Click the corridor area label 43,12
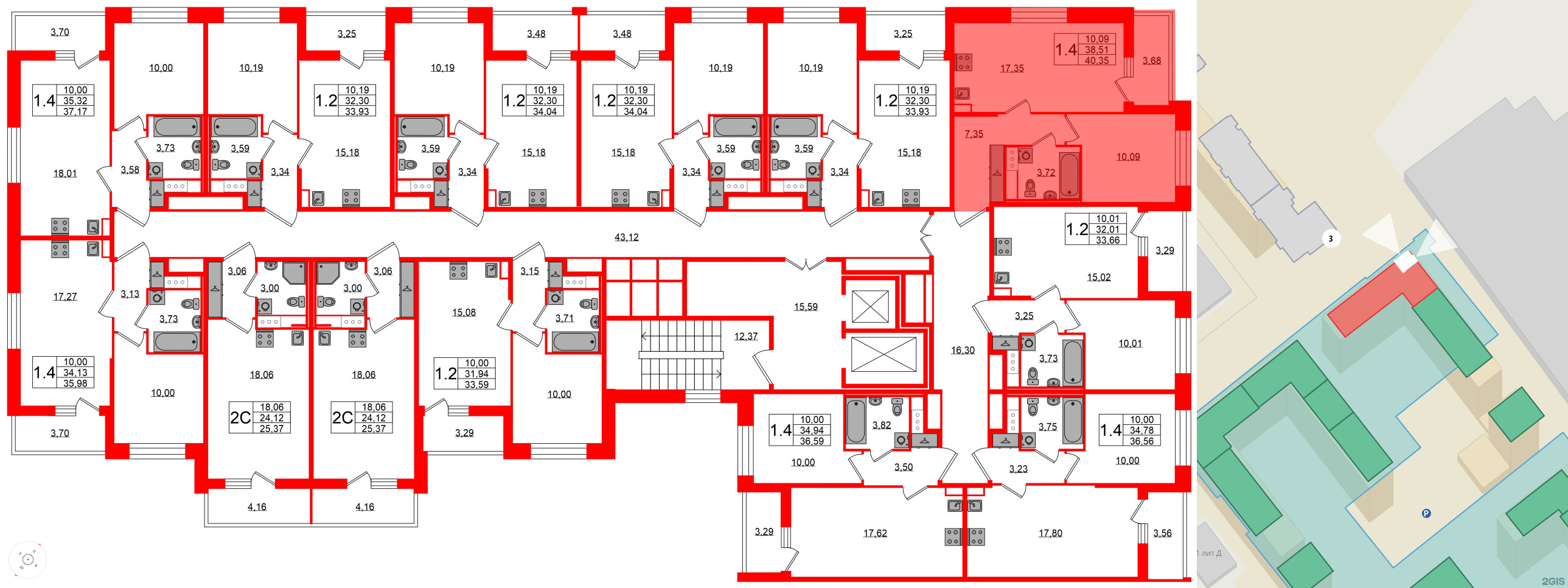(x=626, y=237)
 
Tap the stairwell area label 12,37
(x=745, y=336)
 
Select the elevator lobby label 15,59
(x=806, y=307)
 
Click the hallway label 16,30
(x=963, y=350)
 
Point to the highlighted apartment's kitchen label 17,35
(x=1012, y=68)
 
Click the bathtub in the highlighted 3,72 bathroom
(x=1070, y=175)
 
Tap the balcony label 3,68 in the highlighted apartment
(x=1151, y=60)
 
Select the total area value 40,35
(x=1096, y=60)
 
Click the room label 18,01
(x=65, y=173)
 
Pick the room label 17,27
(x=65, y=296)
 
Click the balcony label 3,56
(x=1162, y=533)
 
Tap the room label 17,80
(x=1050, y=533)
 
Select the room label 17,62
(x=875, y=533)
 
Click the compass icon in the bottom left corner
(x=27, y=559)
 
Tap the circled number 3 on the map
(x=1330, y=239)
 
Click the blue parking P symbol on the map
(x=1426, y=513)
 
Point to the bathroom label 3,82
(x=882, y=425)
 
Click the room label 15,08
(x=464, y=312)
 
